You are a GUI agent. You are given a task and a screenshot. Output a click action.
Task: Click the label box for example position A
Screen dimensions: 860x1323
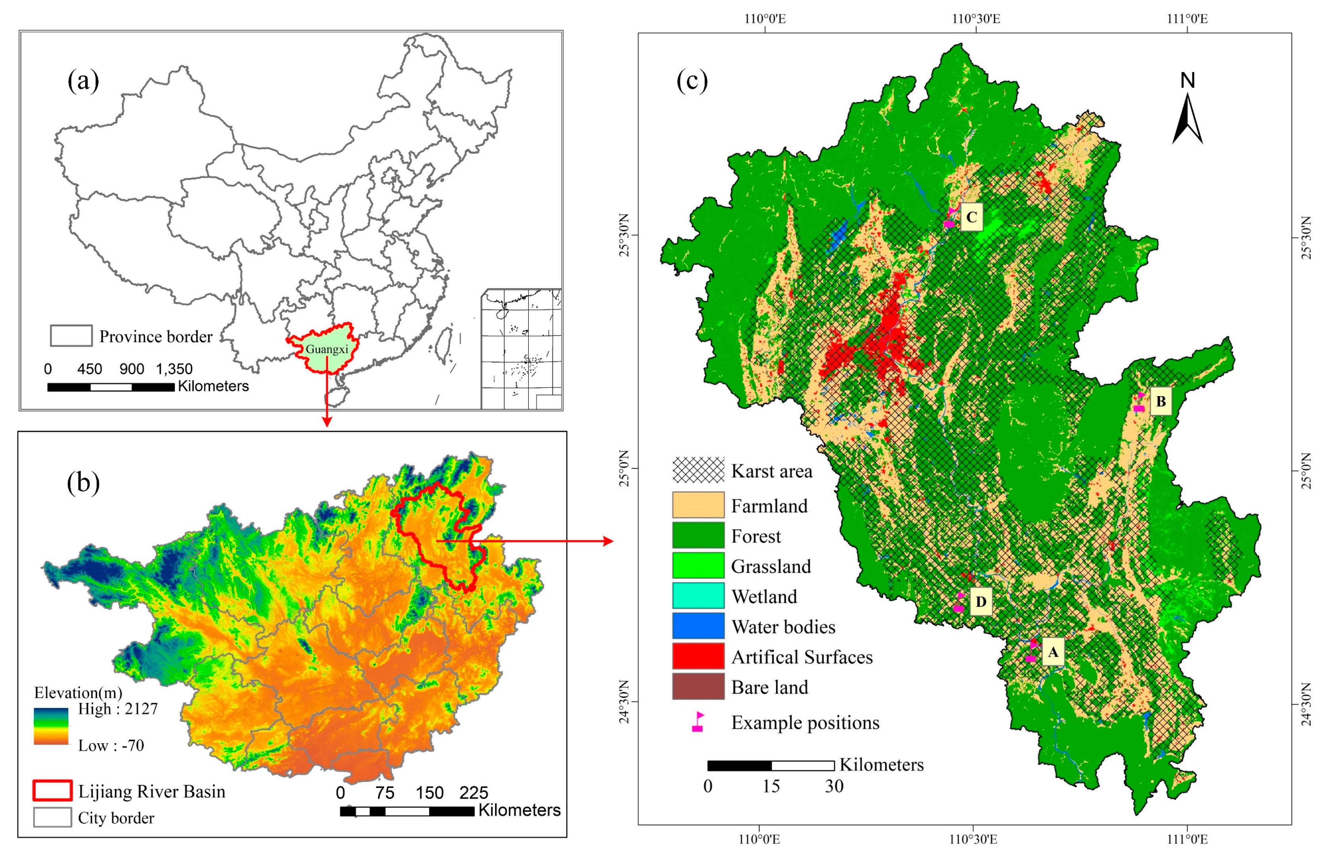[x=1052, y=652]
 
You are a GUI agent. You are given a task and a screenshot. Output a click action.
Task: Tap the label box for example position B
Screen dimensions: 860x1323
[x=1160, y=401]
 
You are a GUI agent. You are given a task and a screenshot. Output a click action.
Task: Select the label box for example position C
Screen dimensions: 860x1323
[x=971, y=217]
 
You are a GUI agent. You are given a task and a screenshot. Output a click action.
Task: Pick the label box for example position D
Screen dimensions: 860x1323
[x=981, y=602]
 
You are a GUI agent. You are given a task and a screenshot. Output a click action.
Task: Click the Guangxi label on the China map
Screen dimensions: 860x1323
[x=327, y=349]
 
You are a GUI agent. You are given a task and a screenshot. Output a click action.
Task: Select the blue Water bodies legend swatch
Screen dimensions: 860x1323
[x=698, y=626]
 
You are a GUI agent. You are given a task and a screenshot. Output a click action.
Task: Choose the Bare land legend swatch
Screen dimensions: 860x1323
[x=698, y=686]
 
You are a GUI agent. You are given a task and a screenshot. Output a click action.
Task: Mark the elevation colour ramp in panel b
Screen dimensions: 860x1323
[x=51, y=726]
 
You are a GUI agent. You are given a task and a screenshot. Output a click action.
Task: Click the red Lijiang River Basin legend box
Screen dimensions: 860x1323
[x=53, y=791]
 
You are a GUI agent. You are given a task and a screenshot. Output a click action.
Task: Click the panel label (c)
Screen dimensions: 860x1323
[x=692, y=82]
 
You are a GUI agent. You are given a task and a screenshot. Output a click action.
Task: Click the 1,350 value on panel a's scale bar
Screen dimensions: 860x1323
[x=174, y=369]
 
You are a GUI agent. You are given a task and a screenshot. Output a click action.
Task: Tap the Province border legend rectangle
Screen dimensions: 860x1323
[x=71, y=336]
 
